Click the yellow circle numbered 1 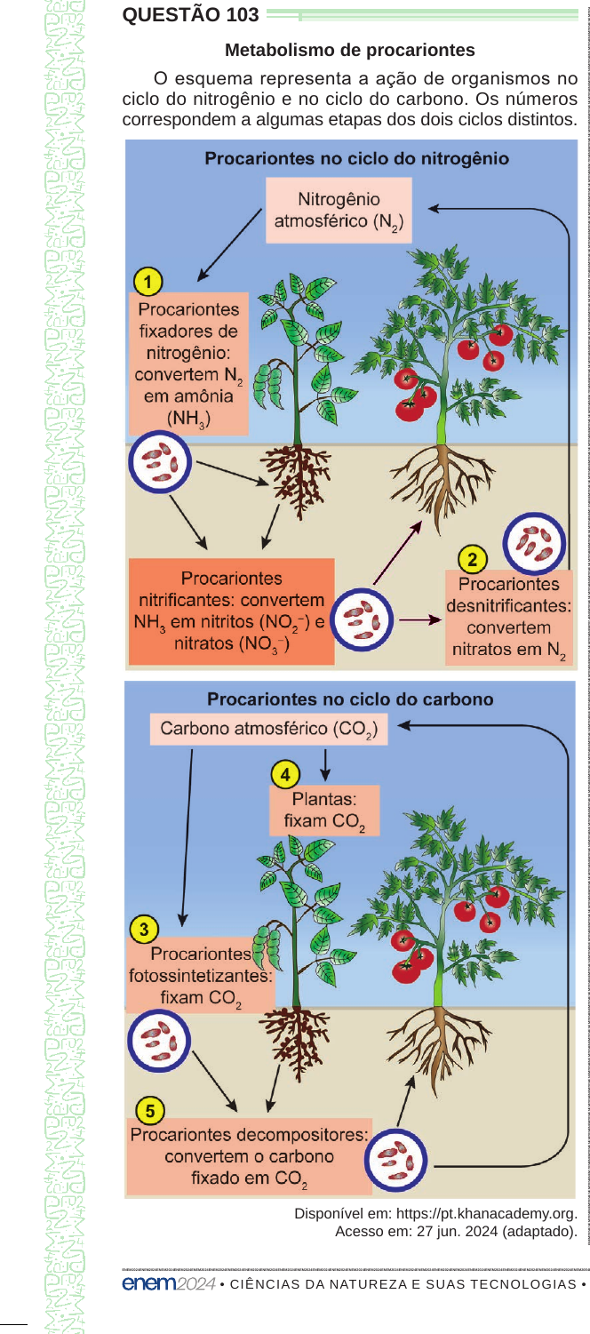point(148,282)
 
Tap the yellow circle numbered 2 point(472,560)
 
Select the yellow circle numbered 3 point(144,929)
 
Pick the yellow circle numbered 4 point(285,775)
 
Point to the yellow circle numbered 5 point(150,1111)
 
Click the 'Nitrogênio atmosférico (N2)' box point(339,211)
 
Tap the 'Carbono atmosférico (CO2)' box point(268,729)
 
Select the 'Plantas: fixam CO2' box point(324,811)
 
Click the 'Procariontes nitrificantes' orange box point(232,611)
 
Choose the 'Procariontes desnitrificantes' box point(509,617)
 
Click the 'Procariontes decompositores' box point(249,1156)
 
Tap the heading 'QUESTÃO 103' point(190,15)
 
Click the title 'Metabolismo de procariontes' point(350,50)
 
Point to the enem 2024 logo point(169,1283)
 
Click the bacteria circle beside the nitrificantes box point(362,619)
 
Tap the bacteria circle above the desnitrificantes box point(534,544)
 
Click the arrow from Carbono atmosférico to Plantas point(325,764)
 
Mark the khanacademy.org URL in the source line point(486,1214)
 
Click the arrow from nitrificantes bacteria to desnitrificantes point(419,620)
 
